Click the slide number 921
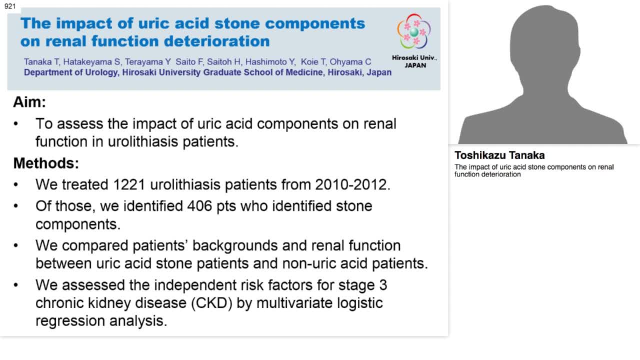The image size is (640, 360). [10, 6]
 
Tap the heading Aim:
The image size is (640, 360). [29, 102]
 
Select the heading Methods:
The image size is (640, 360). [46, 163]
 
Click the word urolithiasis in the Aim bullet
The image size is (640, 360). [138, 141]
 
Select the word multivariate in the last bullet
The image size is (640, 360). [295, 303]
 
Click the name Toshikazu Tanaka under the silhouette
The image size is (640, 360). [499, 155]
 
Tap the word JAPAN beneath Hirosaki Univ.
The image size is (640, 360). [414, 65]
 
